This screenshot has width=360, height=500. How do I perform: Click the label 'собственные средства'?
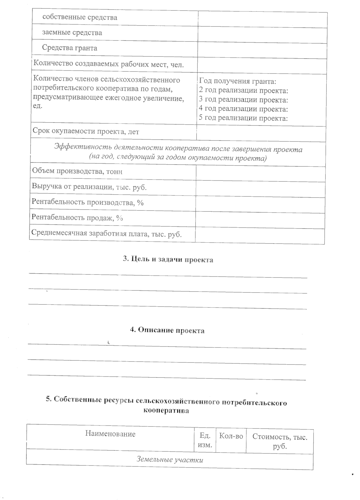[x=79, y=17]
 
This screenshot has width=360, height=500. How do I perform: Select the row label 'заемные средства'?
[x=72, y=32]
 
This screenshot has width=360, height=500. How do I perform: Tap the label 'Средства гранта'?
[x=70, y=48]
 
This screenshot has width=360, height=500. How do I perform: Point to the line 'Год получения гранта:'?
[x=237, y=81]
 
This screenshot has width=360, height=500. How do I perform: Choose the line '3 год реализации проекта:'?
[x=243, y=100]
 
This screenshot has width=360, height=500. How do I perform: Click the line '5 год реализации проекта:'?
[x=243, y=118]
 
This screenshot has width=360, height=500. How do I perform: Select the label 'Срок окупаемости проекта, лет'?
[x=86, y=132]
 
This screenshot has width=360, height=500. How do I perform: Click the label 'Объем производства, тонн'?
[x=77, y=171]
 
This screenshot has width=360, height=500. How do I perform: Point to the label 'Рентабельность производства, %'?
[x=88, y=202]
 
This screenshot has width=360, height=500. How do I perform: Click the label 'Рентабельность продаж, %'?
[x=77, y=218]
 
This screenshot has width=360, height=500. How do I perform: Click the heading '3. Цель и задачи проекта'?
[x=168, y=260]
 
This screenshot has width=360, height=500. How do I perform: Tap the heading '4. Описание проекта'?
[x=167, y=331]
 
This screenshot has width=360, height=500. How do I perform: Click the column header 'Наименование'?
[x=110, y=434]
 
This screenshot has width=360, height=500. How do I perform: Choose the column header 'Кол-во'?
[x=231, y=436]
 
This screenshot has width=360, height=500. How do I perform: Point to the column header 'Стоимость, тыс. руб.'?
[x=280, y=441]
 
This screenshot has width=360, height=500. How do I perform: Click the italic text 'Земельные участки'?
[x=170, y=459]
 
